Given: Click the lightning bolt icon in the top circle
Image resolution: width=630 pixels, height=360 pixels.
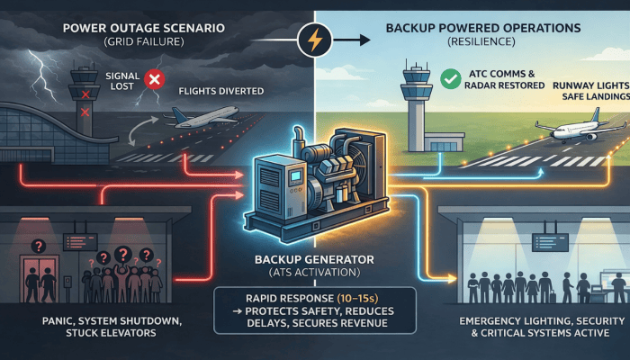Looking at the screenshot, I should pos(317,40).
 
